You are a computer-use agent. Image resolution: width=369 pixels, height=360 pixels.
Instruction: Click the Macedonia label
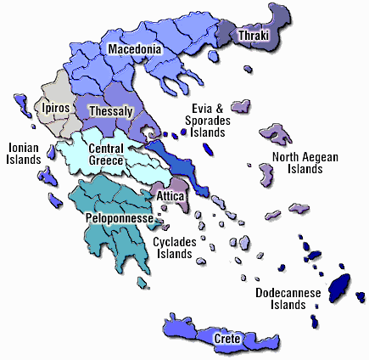point(135,50)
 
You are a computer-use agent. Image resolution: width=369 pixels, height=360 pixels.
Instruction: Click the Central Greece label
point(107,155)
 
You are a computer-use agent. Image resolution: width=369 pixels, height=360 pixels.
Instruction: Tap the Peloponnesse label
point(119,219)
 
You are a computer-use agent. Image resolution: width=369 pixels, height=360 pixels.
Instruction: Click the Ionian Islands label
point(25,153)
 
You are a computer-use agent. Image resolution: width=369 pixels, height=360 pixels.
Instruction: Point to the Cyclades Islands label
point(176,246)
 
